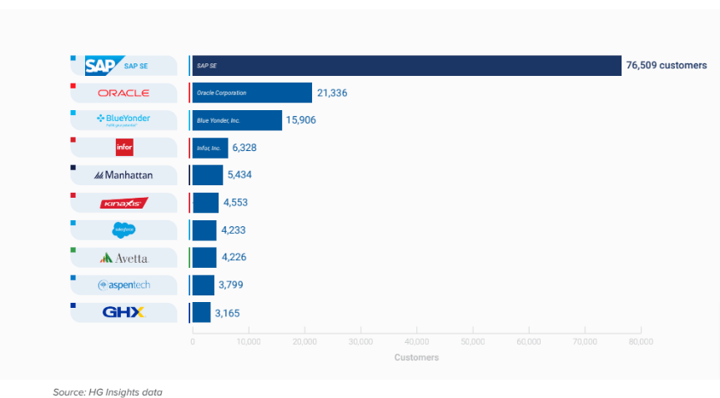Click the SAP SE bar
406,65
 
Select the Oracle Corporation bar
251,93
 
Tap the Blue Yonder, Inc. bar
236,120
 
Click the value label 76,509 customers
666,65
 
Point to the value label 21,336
332,93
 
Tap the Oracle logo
123,93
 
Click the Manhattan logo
123,175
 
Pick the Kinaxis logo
123,203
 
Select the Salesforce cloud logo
123,230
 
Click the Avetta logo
123,258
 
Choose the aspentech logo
123,285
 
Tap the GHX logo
123,313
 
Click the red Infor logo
123,148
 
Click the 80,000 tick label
641,341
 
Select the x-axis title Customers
416,358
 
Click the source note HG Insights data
108,391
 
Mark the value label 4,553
235,203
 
